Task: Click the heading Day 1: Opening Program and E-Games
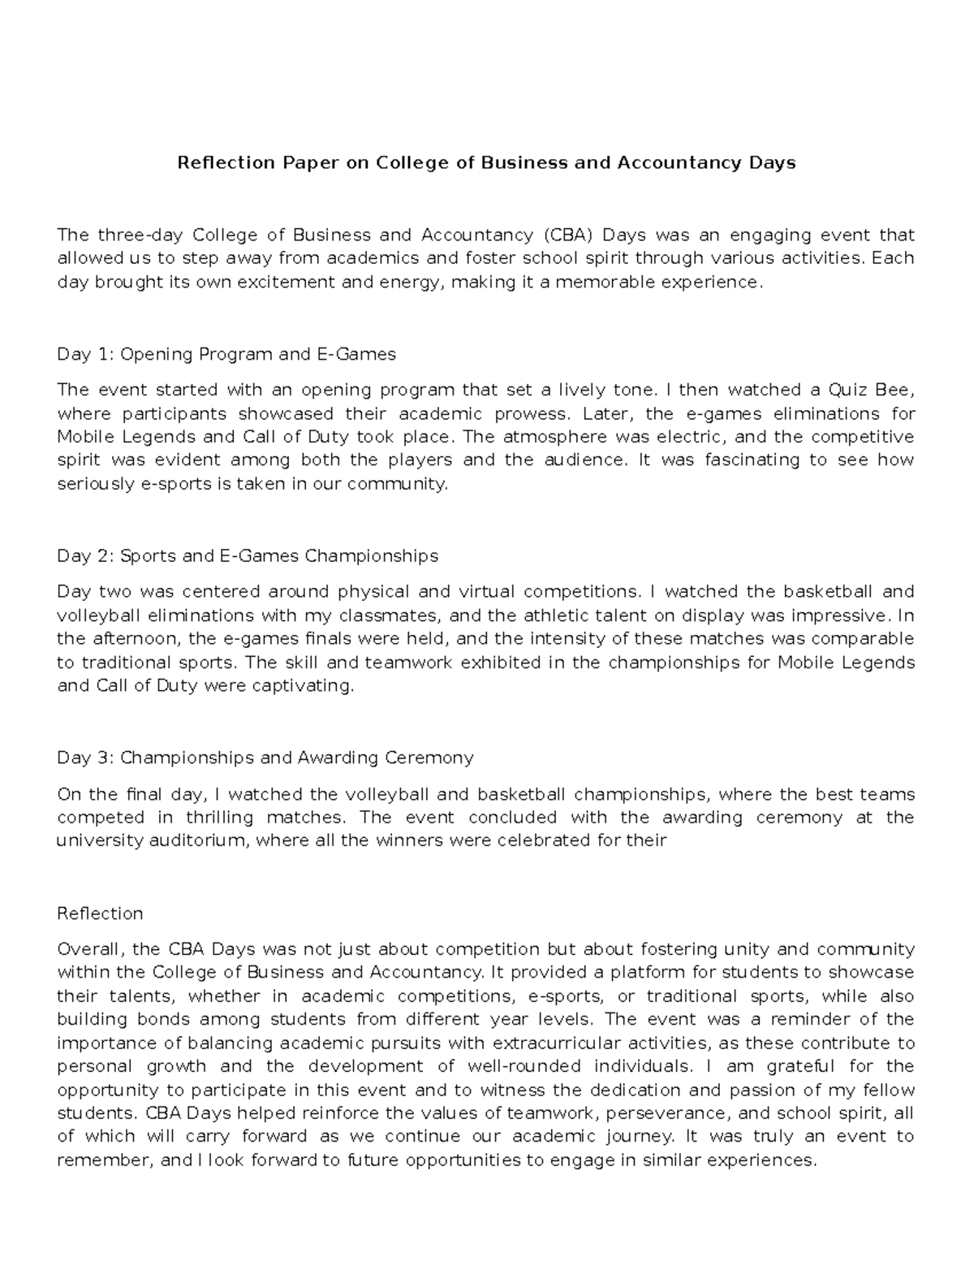coord(226,354)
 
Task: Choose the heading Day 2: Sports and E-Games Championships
coord(248,556)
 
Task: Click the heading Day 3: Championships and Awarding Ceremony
coord(265,758)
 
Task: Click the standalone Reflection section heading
coord(100,913)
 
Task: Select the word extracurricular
coord(549,1043)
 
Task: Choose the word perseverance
coord(657,1113)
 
